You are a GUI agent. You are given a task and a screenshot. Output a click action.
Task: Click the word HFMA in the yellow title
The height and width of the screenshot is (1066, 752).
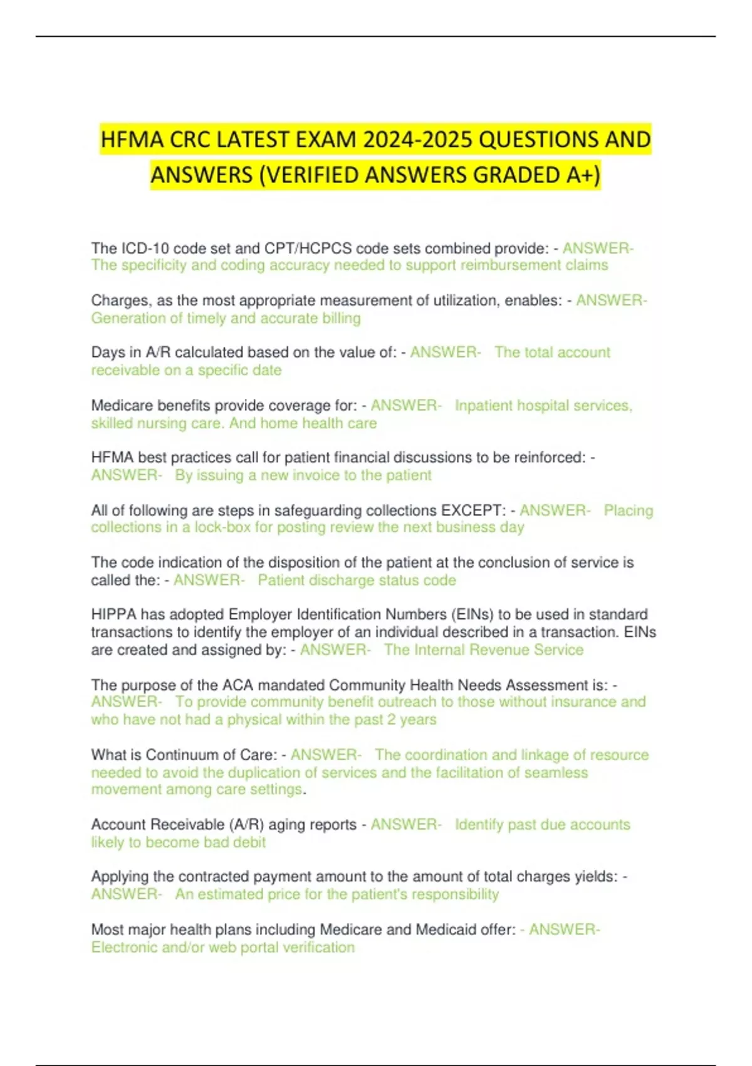click(128, 139)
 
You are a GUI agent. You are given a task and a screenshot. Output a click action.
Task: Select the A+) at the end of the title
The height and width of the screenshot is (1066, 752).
click(583, 174)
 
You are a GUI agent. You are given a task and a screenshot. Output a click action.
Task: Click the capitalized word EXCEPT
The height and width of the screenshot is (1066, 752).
click(474, 510)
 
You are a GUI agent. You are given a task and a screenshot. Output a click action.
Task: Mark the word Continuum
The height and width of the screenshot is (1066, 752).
click(180, 755)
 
